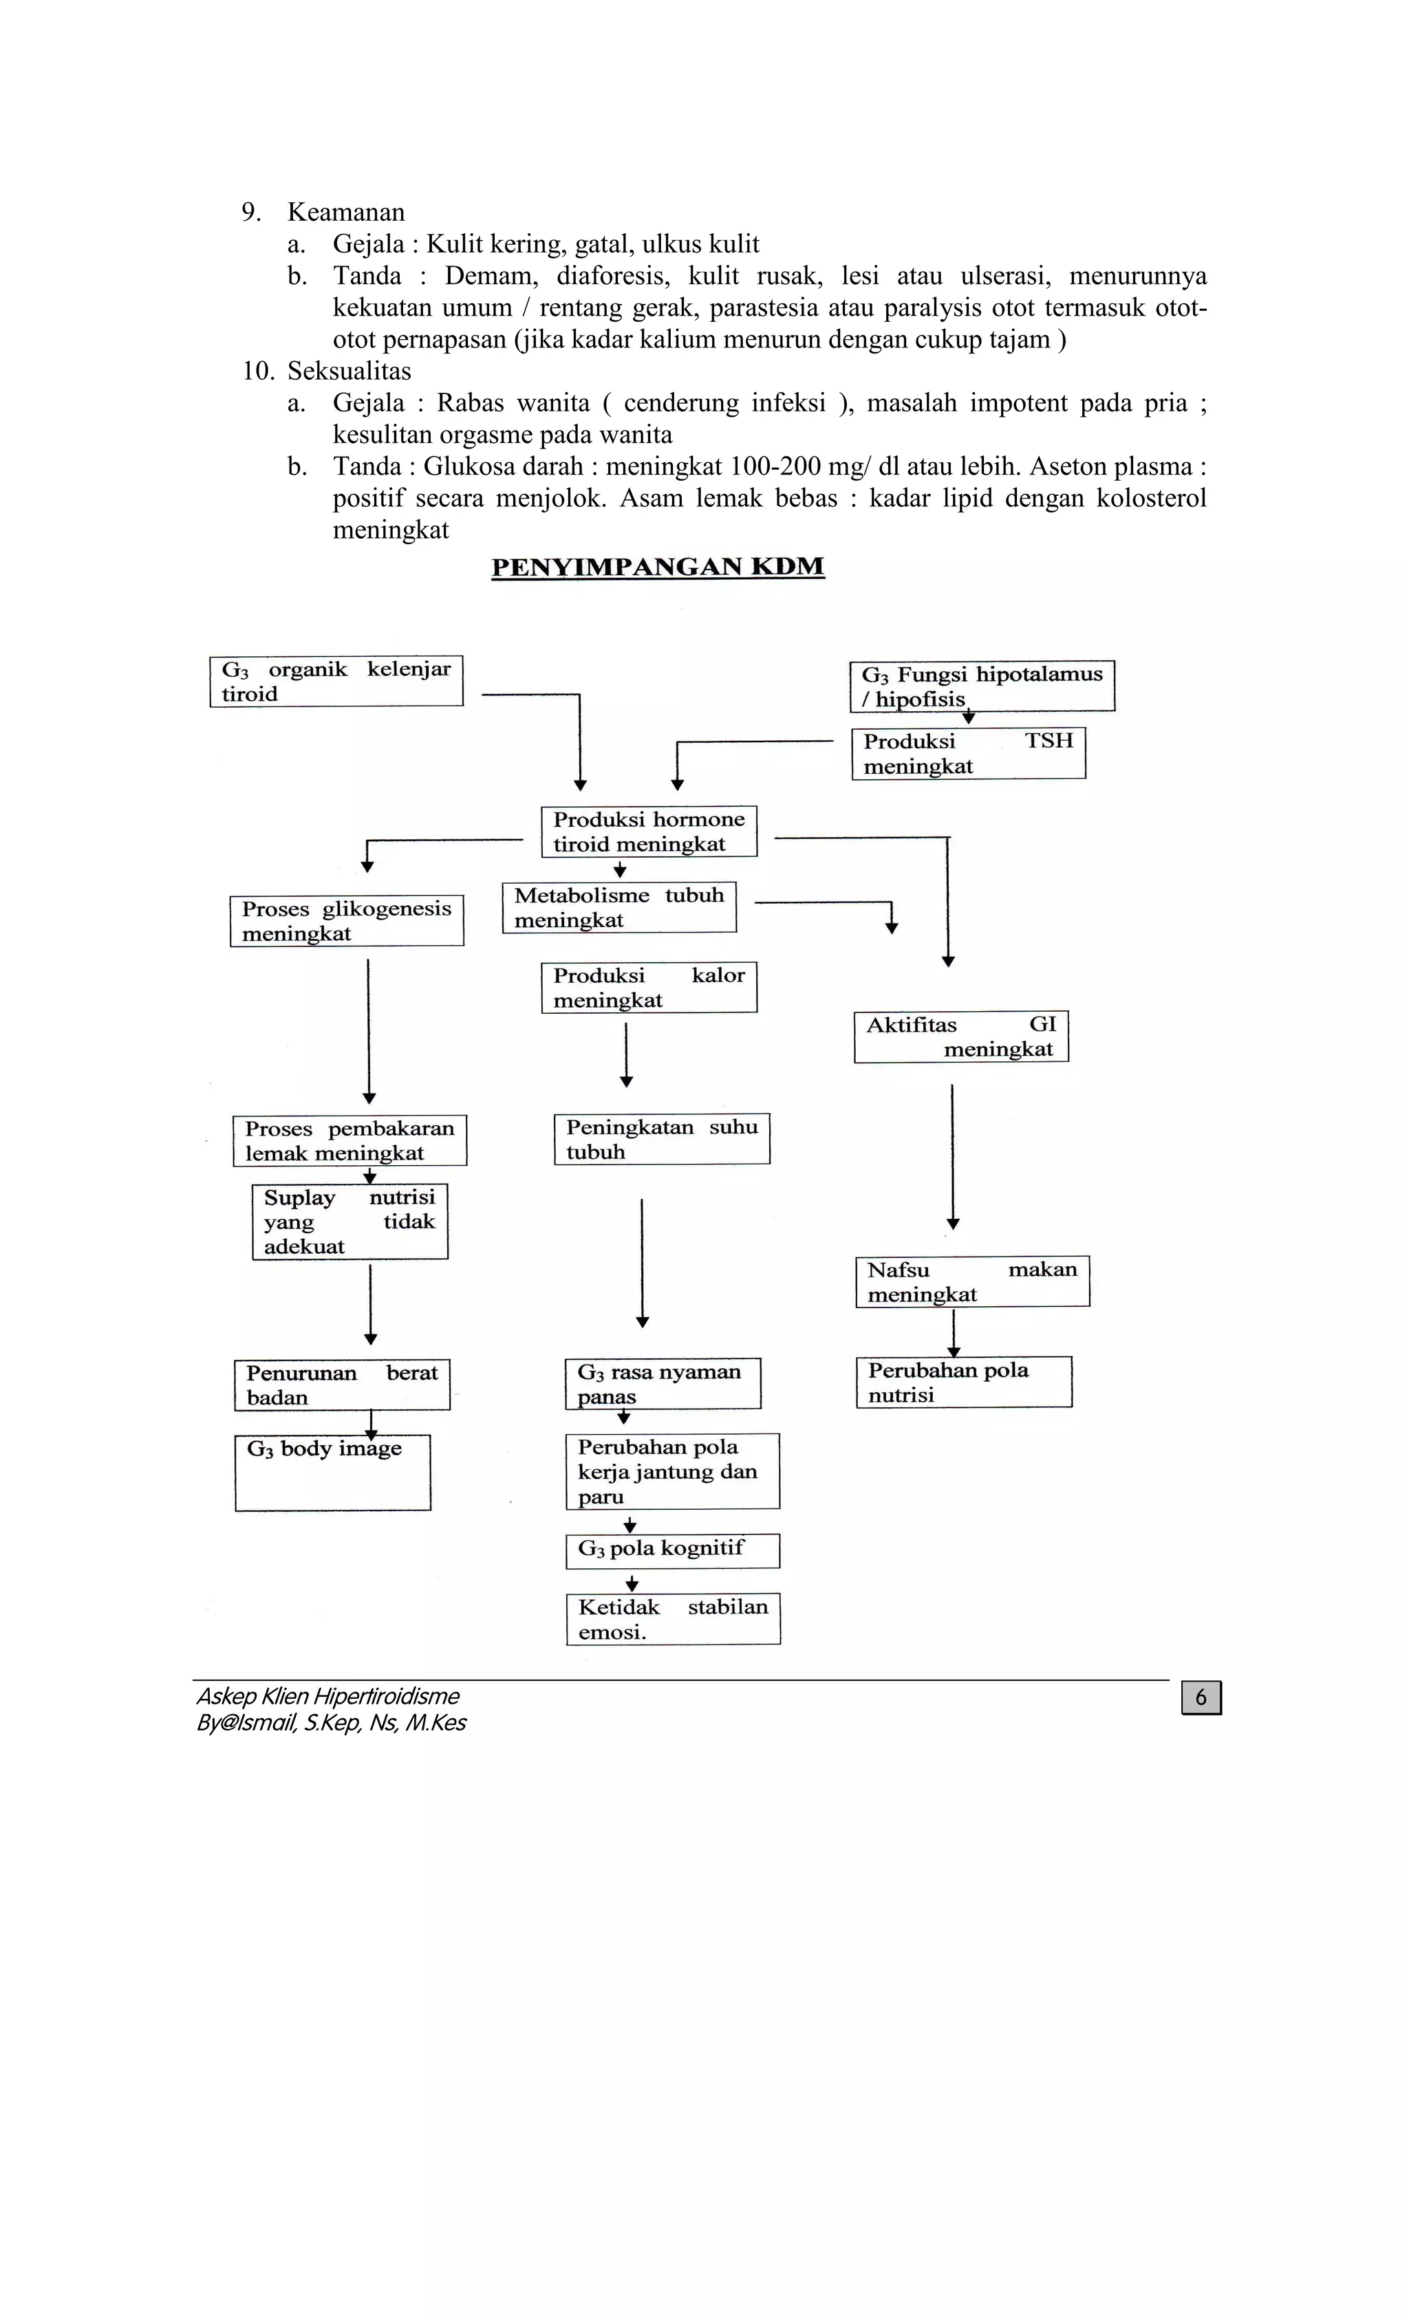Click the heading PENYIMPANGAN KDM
click(658, 567)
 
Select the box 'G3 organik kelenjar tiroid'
click(336, 681)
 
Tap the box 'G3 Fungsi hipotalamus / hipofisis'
click(981, 686)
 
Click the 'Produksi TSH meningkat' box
click(968, 753)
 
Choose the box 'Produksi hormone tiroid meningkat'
click(649, 832)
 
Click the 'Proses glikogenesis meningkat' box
click(347, 921)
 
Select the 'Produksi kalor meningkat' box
click(649, 988)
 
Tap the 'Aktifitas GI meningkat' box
click(960, 1037)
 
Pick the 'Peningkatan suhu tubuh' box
click(661, 1139)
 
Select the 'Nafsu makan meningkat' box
click(972, 1281)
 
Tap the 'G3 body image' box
click(332, 1473)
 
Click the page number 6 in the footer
click(1201, 1698)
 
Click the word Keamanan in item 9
click(345, 212)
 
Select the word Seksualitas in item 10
click(349, 371)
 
